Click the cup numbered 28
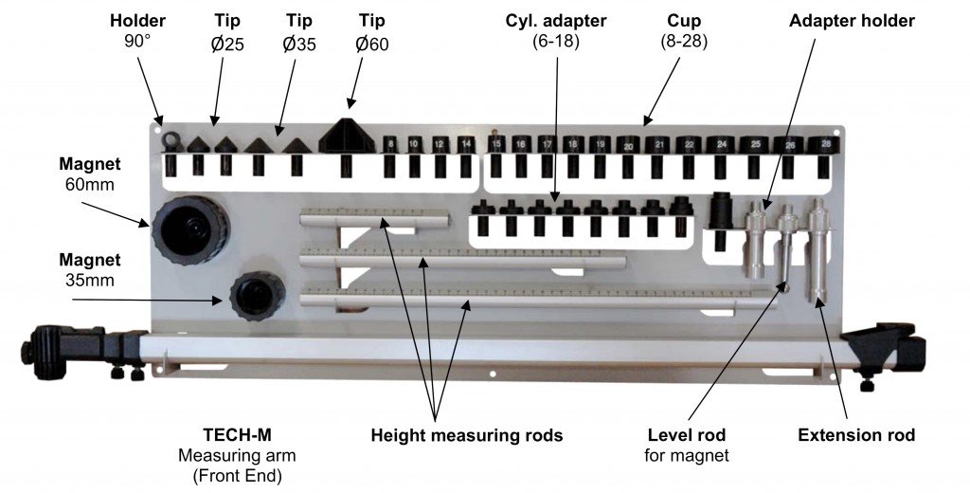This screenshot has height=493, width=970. coord(826,145)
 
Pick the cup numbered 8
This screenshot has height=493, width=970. coord(389,145)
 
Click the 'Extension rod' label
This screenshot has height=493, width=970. coord(856,435)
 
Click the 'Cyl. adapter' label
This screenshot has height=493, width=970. coord(556,21)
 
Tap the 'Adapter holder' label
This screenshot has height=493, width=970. coord(852,21)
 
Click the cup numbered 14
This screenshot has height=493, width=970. coord(465,145)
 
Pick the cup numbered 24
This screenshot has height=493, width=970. coord(723,146)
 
